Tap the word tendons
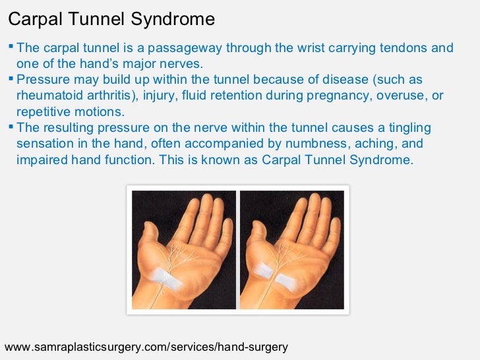click(x=404, y=48)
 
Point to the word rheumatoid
click(x=45, y=96)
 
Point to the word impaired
click(x=40, y=160)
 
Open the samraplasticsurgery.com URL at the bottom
click(x=146, y=346)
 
